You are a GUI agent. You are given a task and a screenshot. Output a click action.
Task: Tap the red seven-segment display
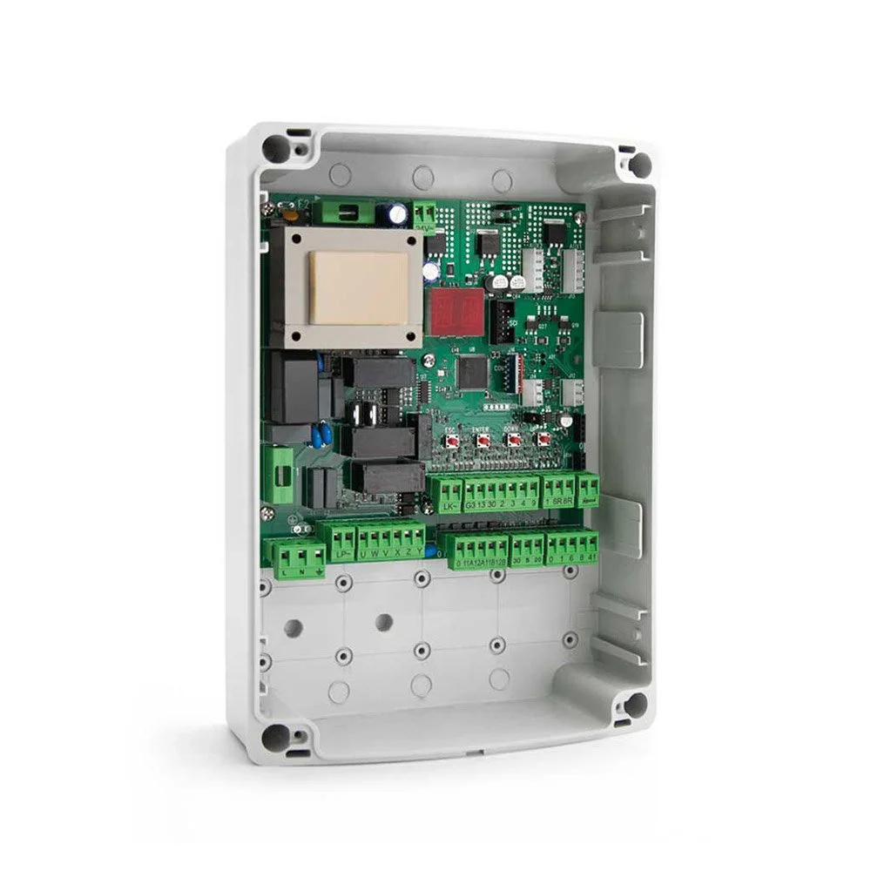click(455, 312)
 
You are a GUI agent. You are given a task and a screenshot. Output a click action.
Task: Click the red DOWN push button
click(514, 440)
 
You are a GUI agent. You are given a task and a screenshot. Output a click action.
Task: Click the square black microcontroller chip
click(472, 374)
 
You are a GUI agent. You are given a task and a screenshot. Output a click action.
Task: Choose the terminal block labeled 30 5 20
click(526, 549)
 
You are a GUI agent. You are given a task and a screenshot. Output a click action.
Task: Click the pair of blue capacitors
click(320, 435)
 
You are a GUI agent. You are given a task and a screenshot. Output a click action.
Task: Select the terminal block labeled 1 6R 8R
click(558, 491)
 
